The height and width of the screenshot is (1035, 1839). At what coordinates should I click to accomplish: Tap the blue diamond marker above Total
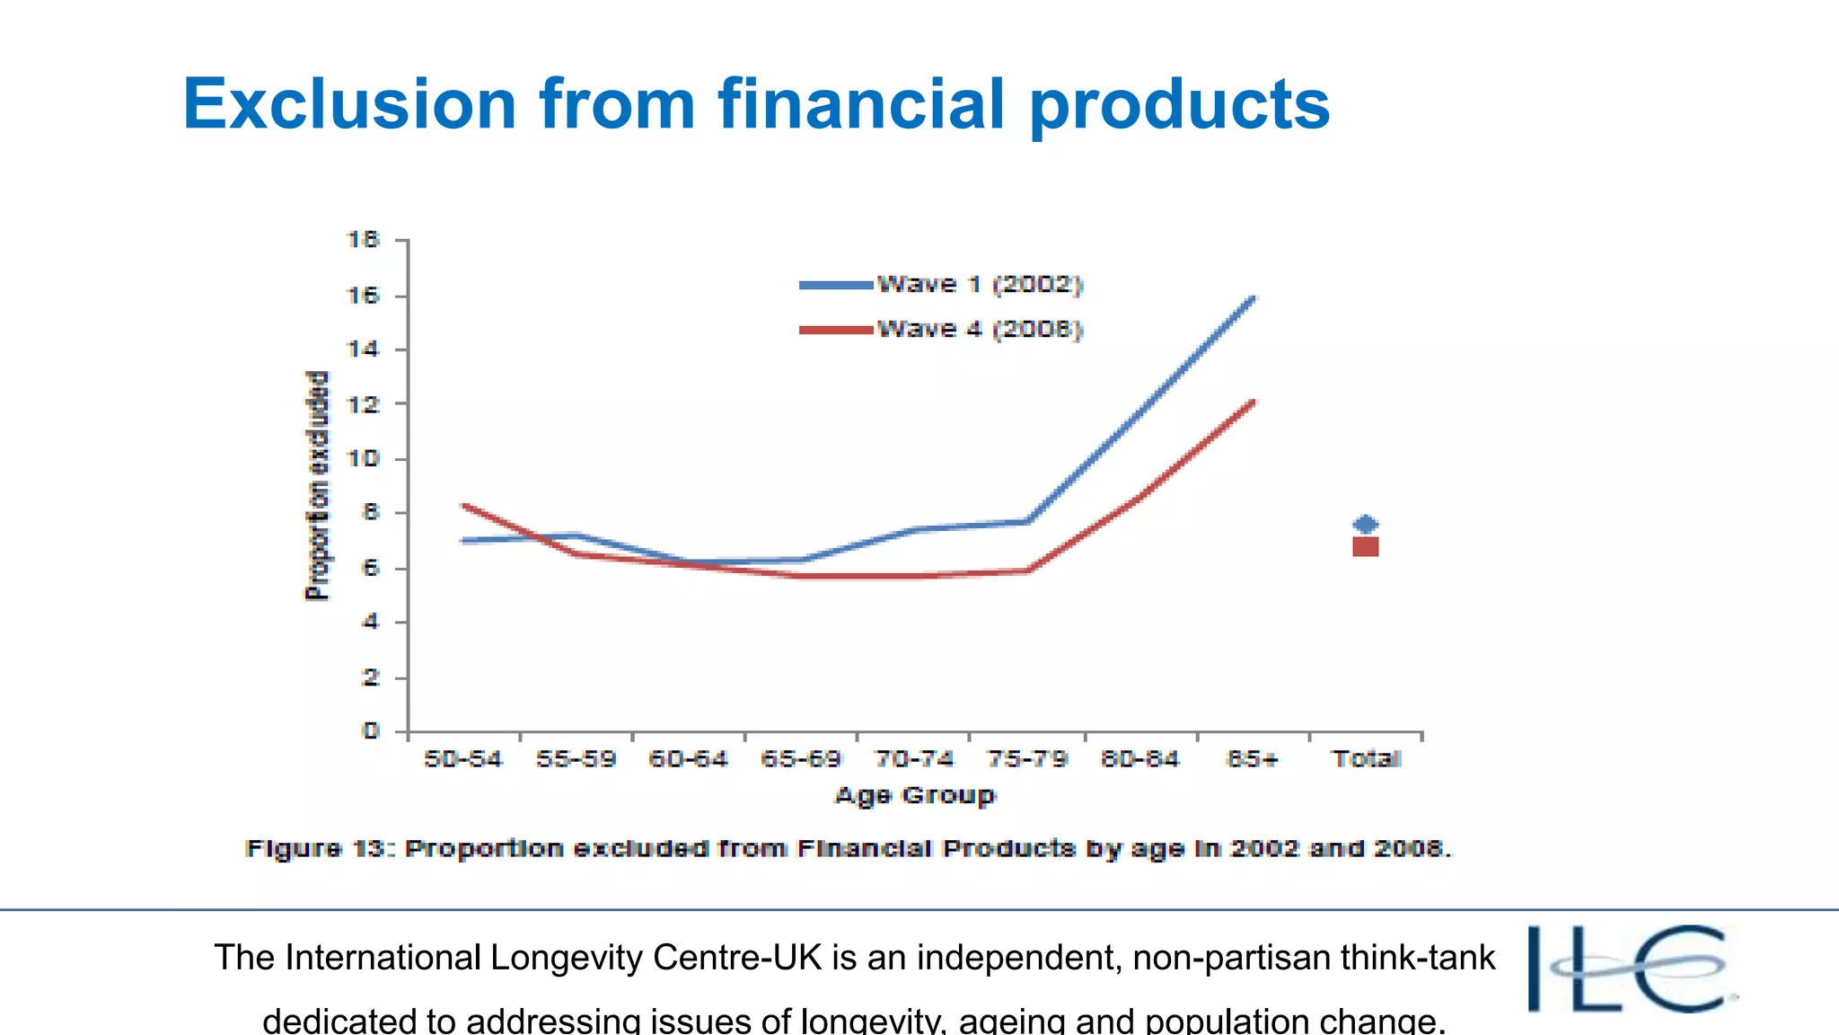[1366, 525]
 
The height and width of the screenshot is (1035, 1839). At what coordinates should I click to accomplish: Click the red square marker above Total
[1366, 546]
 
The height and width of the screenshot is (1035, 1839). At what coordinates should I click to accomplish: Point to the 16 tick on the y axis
[364, 296]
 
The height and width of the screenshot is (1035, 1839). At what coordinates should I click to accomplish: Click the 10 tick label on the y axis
[364, 459]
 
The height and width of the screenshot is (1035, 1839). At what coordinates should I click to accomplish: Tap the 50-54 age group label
[463, 760]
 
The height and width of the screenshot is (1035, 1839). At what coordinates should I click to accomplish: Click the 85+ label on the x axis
[1252, 760]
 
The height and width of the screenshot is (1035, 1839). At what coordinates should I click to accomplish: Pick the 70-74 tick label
[914, 760]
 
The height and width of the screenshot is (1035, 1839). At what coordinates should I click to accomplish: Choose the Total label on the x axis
[1366, 760]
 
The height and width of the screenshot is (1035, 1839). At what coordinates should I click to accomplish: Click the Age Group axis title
[915, 796]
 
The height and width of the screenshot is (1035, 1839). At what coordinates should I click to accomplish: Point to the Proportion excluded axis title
[317, 485]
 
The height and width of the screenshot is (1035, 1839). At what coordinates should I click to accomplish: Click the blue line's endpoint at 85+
[1253, 298]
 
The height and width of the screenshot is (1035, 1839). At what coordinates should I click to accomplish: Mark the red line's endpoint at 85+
[1253, 402]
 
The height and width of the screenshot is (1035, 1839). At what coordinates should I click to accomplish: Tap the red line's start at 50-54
[464, 506]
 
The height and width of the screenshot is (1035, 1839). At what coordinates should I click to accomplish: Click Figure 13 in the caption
[320, 849]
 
